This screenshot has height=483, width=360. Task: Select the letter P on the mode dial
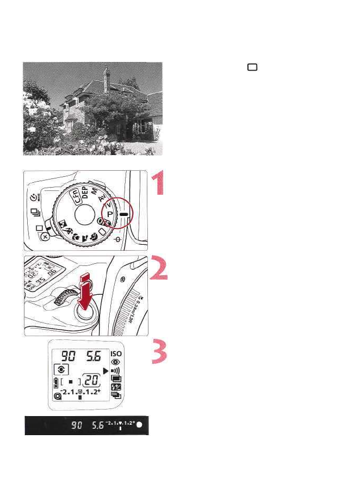pos(109,214)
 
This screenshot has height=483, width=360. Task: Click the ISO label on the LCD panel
pos(116,353)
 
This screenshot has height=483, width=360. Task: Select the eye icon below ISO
pos(116,362)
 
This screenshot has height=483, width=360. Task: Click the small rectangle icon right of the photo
pos(252,67)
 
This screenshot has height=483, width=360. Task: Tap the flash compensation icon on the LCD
pos(115,387)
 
